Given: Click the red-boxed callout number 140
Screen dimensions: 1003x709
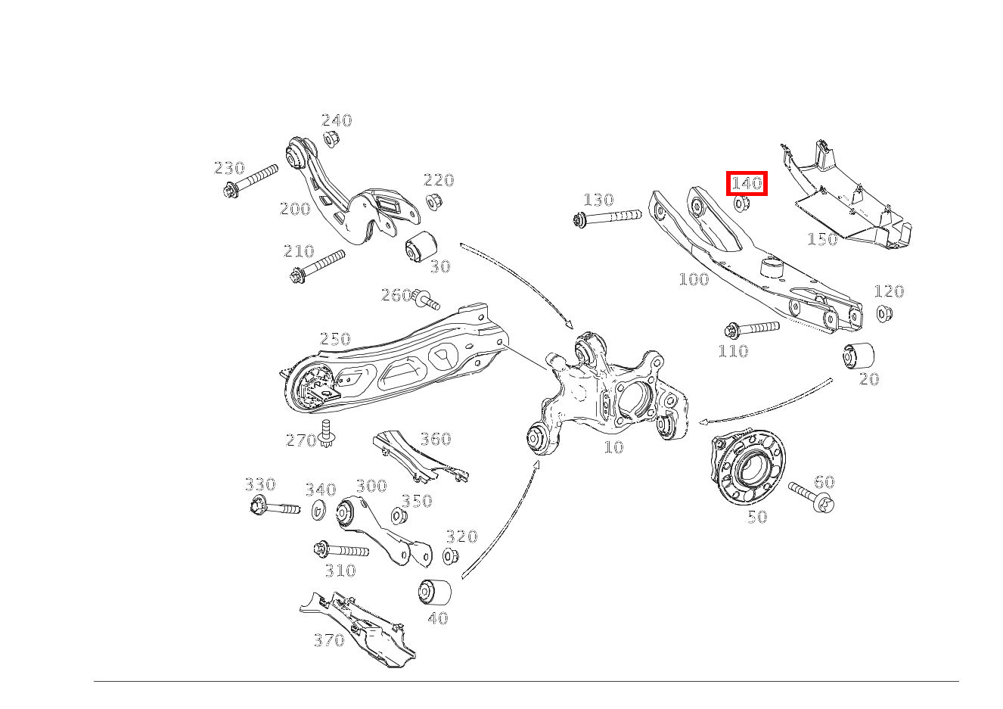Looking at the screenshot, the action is [x=747, y=183].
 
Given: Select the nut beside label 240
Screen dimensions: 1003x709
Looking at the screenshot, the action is [x=331, y=139].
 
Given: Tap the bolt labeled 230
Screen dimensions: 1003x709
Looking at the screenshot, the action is [x=250, y=181].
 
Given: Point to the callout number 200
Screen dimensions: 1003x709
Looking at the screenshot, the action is [x=295, y=209].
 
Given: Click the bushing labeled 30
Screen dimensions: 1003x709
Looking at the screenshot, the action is [x=421, y=247].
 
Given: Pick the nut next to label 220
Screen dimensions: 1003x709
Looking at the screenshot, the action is [x=433, y=201].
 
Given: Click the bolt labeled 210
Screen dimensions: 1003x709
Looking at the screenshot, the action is [x=318, y=266].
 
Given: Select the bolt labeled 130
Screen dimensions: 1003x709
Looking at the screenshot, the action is [x=607, y=218].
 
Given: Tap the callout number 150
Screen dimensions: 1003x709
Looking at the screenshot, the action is [x=822, y=239].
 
